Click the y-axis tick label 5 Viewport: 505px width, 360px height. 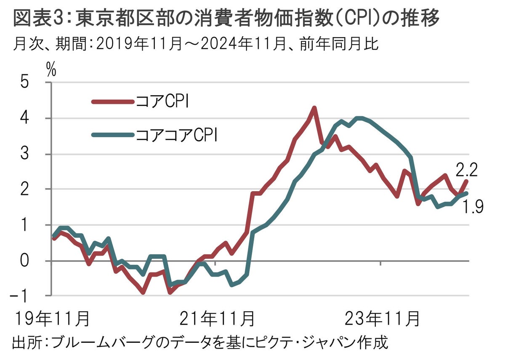coord(36,83)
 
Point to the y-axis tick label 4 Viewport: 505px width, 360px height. coord(36,118)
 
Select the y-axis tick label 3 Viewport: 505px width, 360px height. coord(36,154)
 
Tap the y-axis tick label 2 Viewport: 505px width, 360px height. coord(36,189)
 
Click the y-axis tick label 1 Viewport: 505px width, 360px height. coord(36,225)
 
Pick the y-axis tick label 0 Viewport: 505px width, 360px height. coord(36,261)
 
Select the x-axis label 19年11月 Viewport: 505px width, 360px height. coord(51,318)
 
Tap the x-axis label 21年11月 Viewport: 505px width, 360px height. coord(217,318)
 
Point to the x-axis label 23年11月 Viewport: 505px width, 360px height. coord(382,318)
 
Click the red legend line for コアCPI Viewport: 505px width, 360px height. coord(112,101)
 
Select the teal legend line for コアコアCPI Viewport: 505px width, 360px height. coord(112,135)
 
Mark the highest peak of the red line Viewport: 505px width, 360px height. coord(314,108)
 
